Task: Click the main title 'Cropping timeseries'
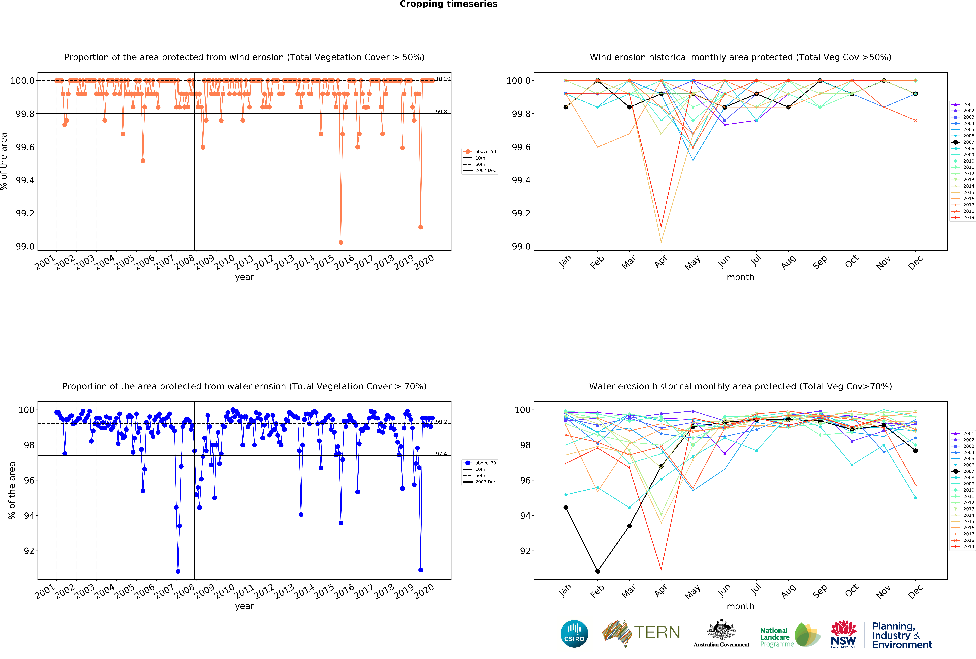448,4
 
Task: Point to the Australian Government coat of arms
721,630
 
